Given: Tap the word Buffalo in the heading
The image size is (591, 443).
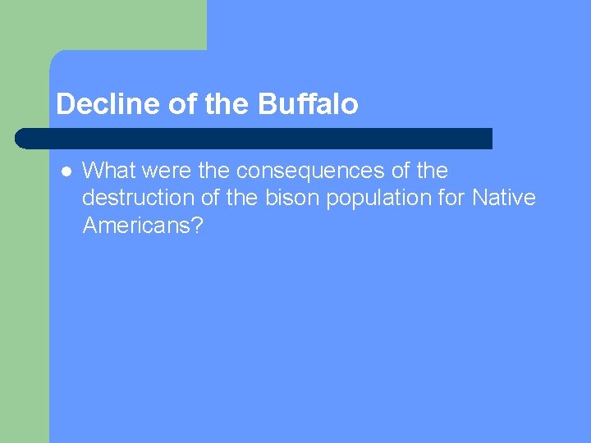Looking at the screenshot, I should tap(308, 104).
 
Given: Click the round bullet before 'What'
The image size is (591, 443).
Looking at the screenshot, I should tap(66, 171).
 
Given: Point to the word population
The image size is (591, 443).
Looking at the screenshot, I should tap(376, 198).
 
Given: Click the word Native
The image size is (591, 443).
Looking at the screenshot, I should tap(504, 198).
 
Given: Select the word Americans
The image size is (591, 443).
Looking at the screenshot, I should tap(135, 225).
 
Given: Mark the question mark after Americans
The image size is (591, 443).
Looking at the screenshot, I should tap(196, 225).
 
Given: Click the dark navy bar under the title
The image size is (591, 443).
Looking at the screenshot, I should tap(254, 138).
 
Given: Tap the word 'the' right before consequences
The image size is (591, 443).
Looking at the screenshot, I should tap(215, 171).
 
